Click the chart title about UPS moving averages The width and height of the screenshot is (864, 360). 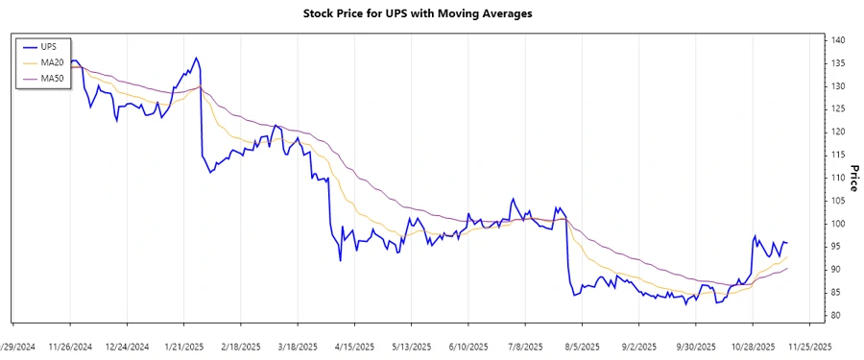(431, 14)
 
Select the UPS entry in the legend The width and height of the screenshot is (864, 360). (47, 46)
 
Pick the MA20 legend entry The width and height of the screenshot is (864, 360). (52, 61)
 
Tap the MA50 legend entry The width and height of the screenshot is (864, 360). (52, 77)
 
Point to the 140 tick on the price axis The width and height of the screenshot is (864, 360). (839, 40)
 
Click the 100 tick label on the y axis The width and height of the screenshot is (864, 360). (839, 224)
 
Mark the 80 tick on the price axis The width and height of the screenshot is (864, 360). (839, 316)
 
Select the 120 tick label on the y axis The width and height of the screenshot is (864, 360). (839, 132)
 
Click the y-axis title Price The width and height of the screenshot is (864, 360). (852, 178)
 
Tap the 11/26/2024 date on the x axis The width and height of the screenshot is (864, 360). (70, 347)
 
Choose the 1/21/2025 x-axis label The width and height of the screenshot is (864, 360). (183, 347)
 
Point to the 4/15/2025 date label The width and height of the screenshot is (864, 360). (354, 347)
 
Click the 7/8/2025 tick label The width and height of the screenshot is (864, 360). (526, 347)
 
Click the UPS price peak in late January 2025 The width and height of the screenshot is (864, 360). (197, 58)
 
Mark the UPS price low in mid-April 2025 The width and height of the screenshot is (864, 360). (340, 260)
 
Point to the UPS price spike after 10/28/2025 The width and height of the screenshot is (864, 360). (755, 235)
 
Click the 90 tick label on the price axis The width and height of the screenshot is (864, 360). (839, 270)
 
